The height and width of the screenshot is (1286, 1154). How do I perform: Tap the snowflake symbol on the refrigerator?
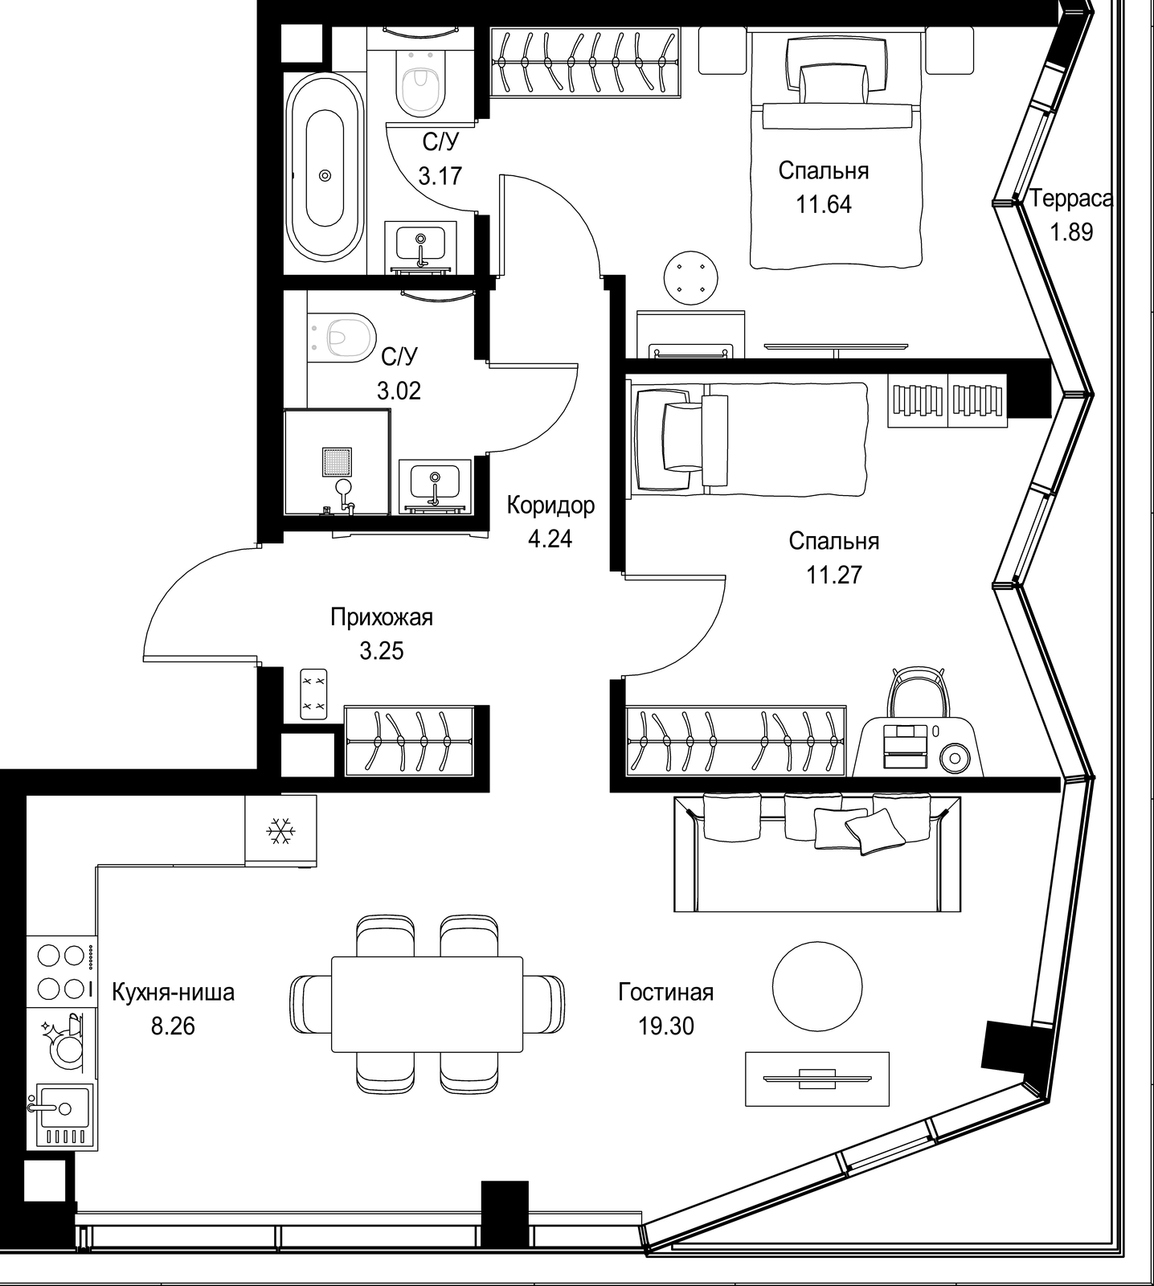click(x=280, y=830)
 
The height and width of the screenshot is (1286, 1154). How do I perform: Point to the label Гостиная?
click(x=665, y=993)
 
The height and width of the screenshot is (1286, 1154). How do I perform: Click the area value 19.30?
click(x=665, y=1026)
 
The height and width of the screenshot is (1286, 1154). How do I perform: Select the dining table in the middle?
click(x=427, y=1003)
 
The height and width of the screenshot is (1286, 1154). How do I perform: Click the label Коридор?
click(x=550, y=505)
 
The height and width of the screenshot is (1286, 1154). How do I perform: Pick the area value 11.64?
click(x=824, y=204)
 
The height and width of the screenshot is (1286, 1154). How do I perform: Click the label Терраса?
click(x=1071, y=198)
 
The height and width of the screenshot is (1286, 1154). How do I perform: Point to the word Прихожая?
click(x=382, y=617)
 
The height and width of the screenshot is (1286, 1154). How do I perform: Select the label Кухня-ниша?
click(x=173, y=993)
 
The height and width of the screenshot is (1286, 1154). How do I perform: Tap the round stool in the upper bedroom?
click(x=690, y=278)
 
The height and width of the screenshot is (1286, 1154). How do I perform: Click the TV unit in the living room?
click(x=817, y=1079)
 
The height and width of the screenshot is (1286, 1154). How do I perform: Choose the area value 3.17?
click(x=440, y=175)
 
